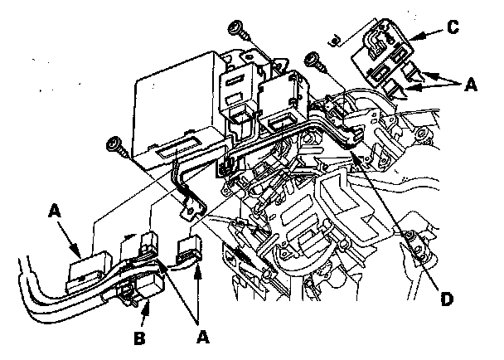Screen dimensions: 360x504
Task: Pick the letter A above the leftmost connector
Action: [x=56, y=212]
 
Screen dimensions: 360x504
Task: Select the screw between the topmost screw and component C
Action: [x=313, y=60]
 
